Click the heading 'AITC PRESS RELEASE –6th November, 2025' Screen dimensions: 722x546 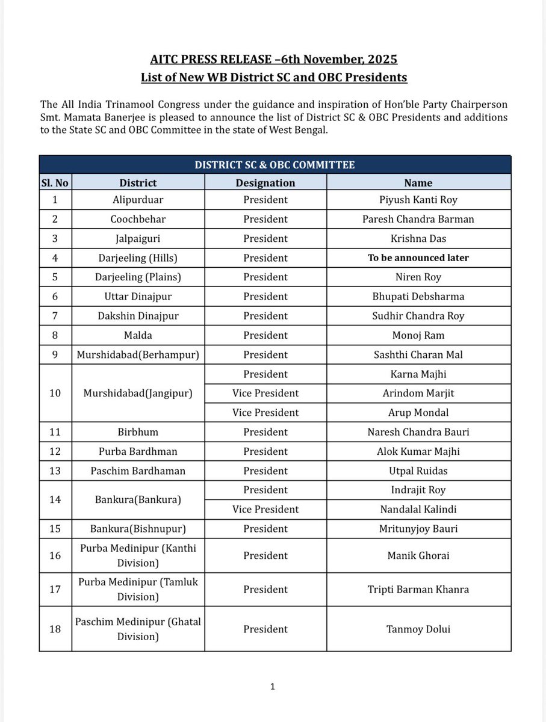tap(273, 60)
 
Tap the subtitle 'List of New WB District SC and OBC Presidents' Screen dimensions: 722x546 tap(273, 78)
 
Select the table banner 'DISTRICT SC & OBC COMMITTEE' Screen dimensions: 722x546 tap(275, 164)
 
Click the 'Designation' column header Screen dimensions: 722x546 tap(265, 182)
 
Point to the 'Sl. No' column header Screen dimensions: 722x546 tap(55, 182)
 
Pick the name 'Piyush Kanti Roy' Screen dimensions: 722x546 tap(418, 200)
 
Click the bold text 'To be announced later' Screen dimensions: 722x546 tap(418, 258)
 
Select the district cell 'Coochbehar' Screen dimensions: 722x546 tap(138, 219)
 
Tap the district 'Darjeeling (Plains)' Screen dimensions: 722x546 tap(138, 277)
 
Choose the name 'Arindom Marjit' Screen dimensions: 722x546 tap(418, 393)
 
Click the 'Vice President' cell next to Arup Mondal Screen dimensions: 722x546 tap(265, 412)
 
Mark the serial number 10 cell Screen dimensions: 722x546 tap(55, 393)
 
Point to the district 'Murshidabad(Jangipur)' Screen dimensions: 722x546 tap(138, 393)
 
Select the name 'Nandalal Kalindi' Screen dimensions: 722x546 tap(418, 509)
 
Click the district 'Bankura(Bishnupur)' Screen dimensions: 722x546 tap(138, 528)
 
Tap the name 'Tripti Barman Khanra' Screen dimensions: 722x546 tap(418, 589)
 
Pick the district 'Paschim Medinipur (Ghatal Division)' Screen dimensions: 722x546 tap(138, 629)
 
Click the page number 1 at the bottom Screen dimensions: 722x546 tap(273, 686)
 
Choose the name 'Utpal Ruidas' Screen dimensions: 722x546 tap(418, 471)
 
